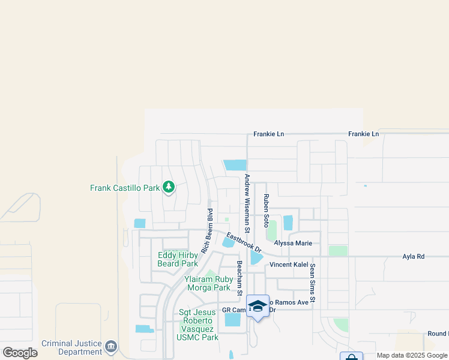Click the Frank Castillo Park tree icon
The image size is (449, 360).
click(169, 188)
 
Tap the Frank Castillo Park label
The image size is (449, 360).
click(125, 188)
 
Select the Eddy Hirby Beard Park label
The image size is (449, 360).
click(178, 259)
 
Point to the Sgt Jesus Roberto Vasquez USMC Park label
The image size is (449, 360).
click(198, 325)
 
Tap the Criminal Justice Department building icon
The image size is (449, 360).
click(110, 347)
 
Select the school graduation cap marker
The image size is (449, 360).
click(258, 306)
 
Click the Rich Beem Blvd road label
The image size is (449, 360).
click(207, 231)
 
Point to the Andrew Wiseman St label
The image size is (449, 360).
click(247, 205)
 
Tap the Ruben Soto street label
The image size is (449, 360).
click(266, 206)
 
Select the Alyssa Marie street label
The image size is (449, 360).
click(293, 243)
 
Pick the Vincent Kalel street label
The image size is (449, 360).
click(289, 265)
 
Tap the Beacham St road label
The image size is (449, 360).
click(239, 278)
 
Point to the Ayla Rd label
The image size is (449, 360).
click(413, 257)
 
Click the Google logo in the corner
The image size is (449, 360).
click(20, 353)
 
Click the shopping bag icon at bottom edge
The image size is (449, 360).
click(351, 356)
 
